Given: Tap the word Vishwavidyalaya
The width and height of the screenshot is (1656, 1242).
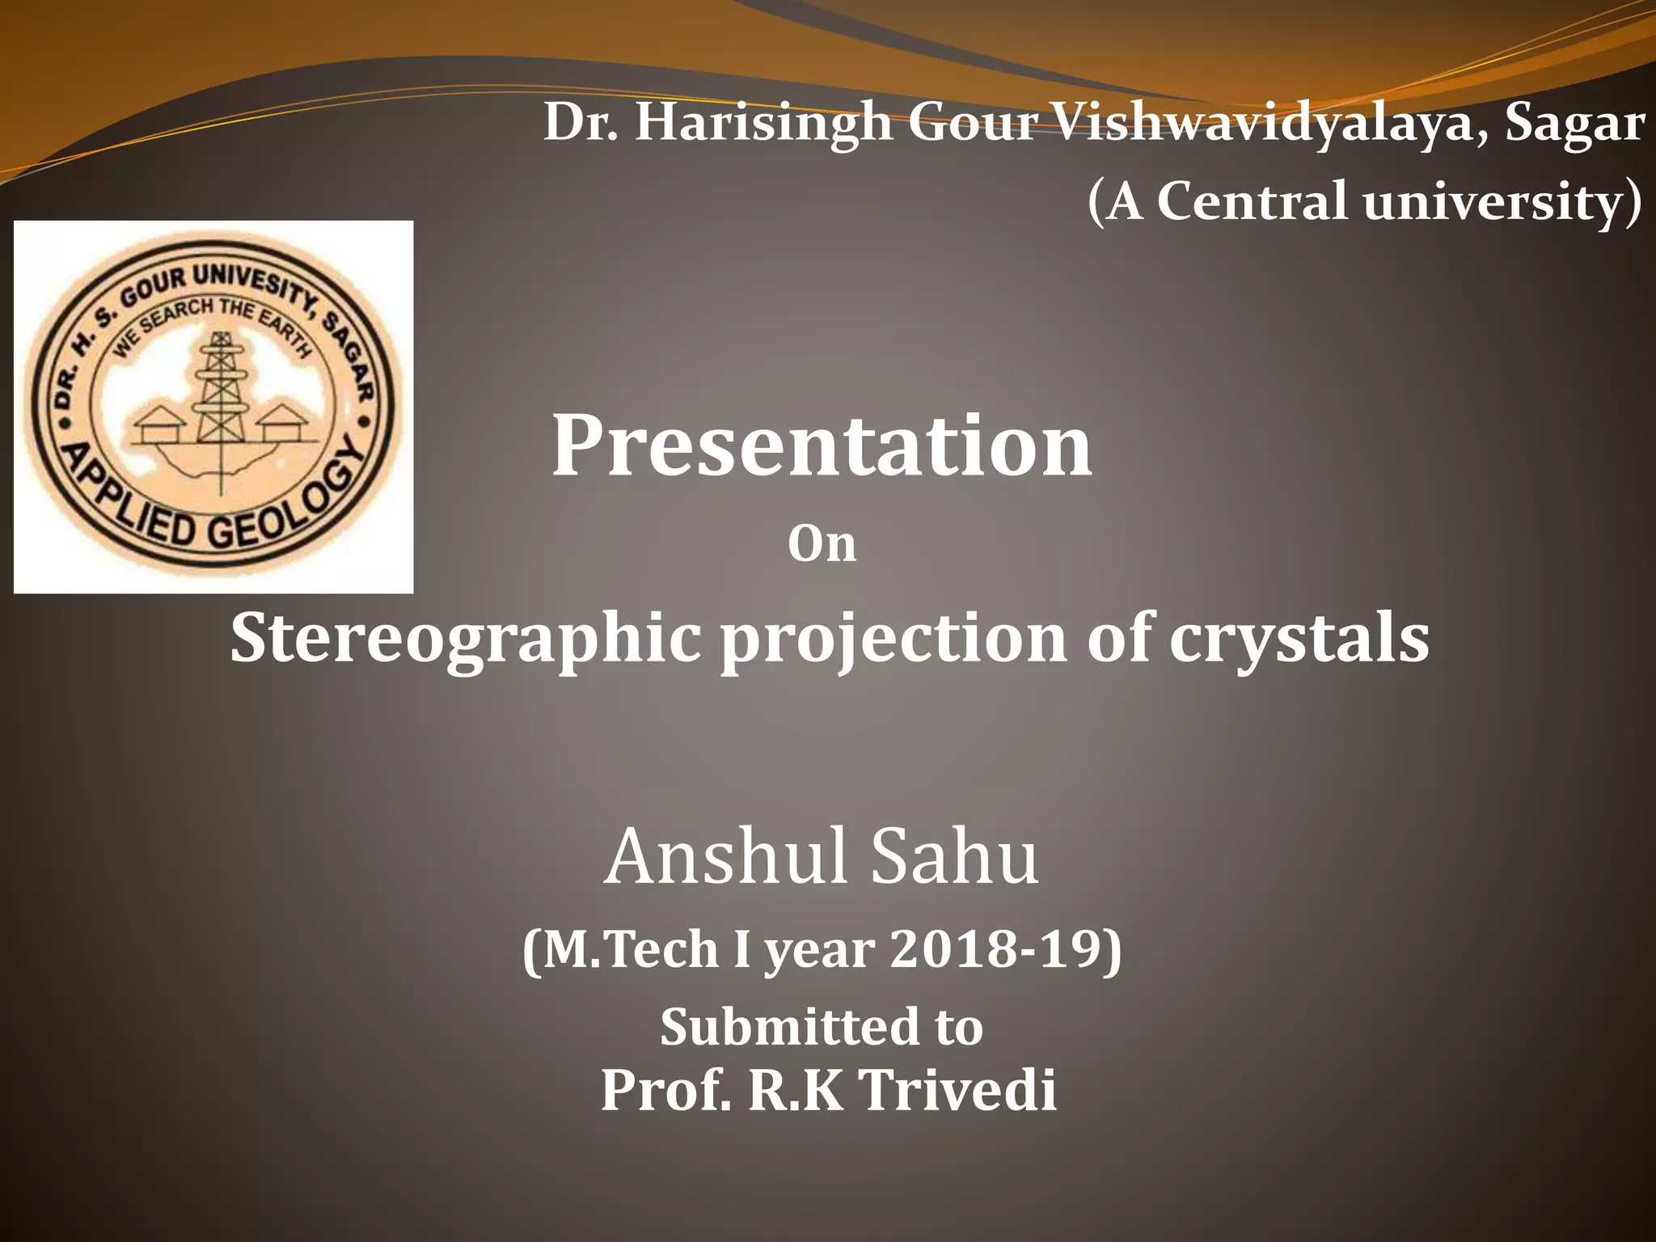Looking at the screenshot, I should [1269, 124].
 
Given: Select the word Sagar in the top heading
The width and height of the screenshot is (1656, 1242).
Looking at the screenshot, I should [1574, 124].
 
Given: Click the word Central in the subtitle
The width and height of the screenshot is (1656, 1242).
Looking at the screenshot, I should [1253, 201].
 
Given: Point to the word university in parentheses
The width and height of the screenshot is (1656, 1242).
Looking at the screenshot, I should [1493, 201].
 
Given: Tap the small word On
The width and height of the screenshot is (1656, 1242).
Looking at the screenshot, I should [822, 544].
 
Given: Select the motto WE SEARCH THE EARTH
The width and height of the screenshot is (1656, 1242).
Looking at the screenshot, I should [212, 323].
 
